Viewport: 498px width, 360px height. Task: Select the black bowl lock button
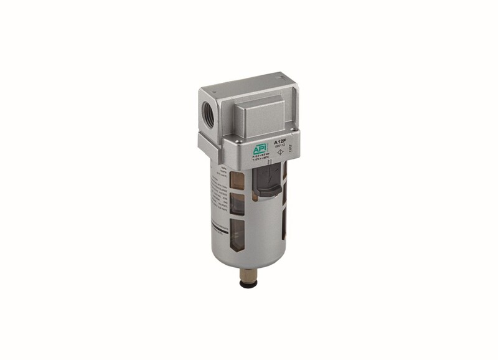(x=268, y=181)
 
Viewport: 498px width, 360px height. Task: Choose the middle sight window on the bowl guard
(x=237, y=204)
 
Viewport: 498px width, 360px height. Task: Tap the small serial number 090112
(x=280, y=147)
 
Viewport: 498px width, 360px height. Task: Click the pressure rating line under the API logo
(x=259, y=156)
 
